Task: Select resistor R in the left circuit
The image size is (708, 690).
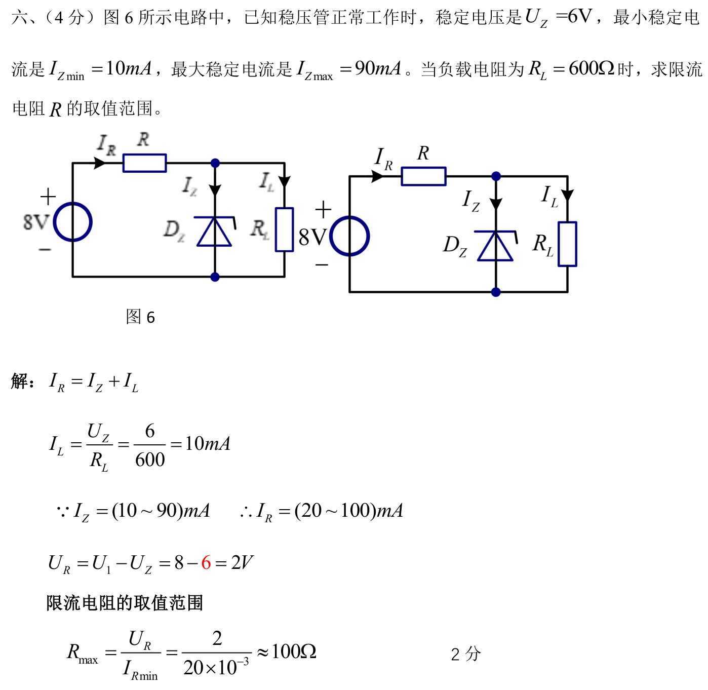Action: point(144,163)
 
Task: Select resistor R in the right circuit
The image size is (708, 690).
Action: point(423,176)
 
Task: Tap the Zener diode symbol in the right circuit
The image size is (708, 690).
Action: point(495,246)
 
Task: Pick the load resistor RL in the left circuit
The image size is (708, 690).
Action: point(284,229)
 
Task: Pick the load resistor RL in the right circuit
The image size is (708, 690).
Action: point(567,244)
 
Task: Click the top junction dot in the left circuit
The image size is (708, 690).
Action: point(215,163)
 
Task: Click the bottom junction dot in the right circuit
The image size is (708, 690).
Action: point(495,292)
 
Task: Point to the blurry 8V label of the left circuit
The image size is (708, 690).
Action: point(36,221)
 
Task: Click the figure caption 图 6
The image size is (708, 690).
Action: point(140,317)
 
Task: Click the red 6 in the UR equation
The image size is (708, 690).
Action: point(206,563)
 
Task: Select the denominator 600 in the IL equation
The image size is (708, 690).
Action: point(150,459)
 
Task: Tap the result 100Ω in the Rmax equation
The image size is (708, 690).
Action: point(294,651)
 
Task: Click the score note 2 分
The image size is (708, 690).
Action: point(466,654)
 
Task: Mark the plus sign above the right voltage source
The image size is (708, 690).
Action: point(323,210)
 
